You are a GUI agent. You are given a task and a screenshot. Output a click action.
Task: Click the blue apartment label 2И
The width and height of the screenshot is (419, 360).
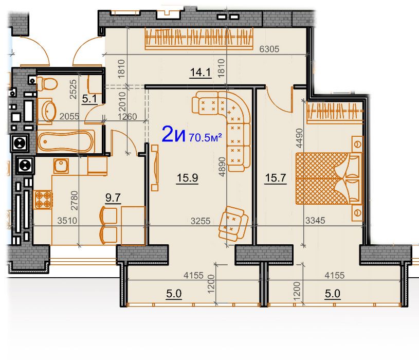coord(174,134)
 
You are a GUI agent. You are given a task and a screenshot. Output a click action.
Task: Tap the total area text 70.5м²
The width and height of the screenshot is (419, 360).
coord(205,137)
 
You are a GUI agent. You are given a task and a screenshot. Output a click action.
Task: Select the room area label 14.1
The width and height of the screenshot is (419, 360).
coord(201,73)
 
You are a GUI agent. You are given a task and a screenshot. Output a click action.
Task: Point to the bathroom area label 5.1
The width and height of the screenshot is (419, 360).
coord(89,99)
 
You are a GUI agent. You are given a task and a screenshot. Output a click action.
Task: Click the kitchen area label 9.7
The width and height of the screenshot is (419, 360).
coord(113,198)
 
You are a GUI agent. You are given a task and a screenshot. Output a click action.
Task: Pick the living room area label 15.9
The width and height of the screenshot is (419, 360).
coord(187,178)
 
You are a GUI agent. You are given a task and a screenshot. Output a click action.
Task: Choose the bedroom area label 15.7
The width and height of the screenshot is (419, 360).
coord(276,178)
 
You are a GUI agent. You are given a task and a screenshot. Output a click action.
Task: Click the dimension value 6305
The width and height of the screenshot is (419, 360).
coord(269,49)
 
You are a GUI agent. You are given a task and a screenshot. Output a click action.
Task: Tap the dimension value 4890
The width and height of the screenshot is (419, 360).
coord(222,167)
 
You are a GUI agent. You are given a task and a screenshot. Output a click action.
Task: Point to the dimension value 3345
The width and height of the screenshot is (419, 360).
coord(315,221)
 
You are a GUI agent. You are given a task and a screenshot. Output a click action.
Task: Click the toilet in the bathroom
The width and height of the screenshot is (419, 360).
coord(47,84)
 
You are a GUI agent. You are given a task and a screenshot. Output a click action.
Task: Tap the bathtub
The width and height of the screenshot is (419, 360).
coord(66,141)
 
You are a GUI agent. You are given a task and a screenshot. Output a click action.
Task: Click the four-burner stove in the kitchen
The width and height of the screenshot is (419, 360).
coord(43,200)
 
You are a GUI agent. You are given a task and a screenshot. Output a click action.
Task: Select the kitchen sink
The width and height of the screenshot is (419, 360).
coord(61,166)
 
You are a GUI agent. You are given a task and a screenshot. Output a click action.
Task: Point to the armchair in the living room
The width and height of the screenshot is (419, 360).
coord(232,223)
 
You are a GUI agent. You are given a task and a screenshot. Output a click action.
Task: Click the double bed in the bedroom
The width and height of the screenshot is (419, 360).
coord(329,178)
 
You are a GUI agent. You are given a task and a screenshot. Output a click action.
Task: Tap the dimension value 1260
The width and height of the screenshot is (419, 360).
coord(127,117)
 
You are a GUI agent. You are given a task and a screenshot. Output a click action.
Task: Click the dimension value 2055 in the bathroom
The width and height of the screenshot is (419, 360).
coord(69,116)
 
